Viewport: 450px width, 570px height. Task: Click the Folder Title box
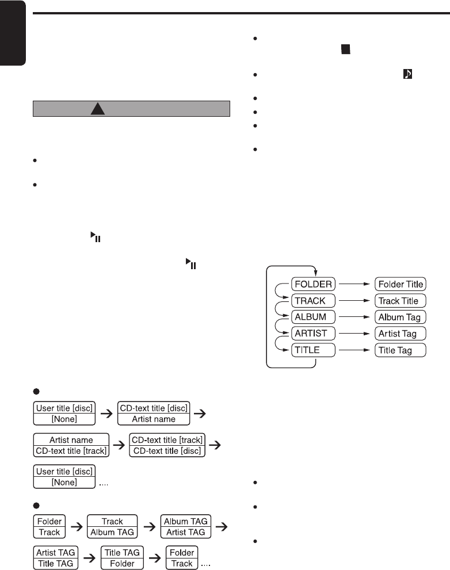(400, 284)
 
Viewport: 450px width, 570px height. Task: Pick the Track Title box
(400, 300)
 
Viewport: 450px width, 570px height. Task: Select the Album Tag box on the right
(400, 317)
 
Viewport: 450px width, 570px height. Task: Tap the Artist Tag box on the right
(400, 333)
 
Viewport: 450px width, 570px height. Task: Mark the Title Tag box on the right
(400, 350)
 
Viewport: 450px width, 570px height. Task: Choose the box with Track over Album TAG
(112, 527)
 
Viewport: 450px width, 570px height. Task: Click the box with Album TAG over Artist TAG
(185, 527)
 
